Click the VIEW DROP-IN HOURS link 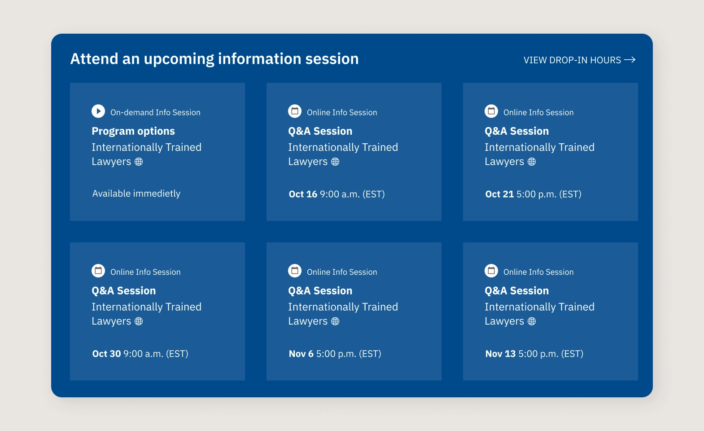point(572,60)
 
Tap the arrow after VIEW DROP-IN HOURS point(630,60)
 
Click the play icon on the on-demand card point(98,111)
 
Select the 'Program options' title point(133,131)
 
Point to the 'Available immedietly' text point(136,194)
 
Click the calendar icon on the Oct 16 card point(295,111)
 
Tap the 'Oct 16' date point(303,194)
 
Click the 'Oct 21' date point(499,194)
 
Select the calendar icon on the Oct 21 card point(491,111)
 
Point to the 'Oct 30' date point(106,354)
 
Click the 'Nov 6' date point(301,354)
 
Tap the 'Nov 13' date point(500,354)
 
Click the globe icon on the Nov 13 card point(532,321)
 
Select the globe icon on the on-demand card point(139,162)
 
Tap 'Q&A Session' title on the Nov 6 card point(320,291)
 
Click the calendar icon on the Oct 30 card point(98,271)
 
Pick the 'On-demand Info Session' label point(155,113)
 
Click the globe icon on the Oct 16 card point(335,162)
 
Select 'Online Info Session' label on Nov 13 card point(538,272)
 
